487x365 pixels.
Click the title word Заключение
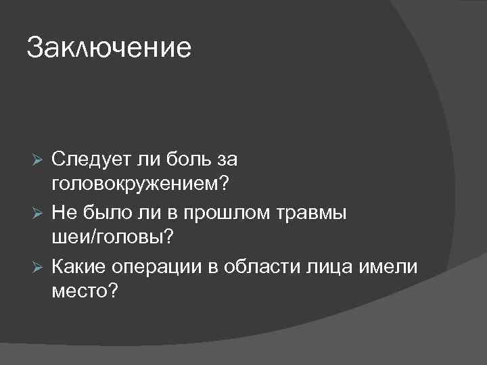click(109, 48)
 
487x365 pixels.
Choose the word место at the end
click(78, 291)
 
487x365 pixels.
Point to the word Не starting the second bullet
click(64, 212)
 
